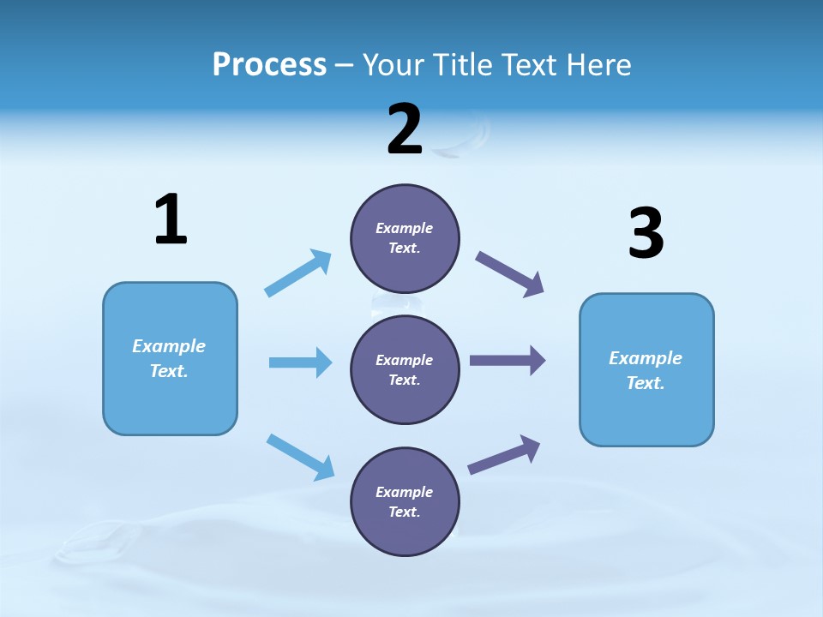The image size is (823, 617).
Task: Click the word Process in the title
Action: [269, 65]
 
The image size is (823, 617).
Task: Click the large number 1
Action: [171, 220]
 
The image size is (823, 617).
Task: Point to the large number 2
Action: [405, 129]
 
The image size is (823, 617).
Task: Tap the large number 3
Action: [646, 234]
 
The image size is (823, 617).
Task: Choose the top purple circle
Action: [405, 238]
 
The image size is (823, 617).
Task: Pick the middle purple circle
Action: [405, 370]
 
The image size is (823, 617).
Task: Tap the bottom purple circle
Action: [405, 502]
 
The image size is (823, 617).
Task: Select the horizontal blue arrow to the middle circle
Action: [300, 362]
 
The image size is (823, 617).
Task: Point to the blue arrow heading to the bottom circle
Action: [300, 456]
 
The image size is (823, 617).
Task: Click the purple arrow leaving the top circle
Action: [510, 274]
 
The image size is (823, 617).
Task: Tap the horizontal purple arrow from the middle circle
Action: [507, 361]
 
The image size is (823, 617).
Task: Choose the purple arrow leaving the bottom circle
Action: [504, 455]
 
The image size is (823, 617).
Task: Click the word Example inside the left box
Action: [169, 346]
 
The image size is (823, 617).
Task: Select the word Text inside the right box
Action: [644, 383]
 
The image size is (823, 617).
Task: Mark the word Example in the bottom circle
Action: [404, 492]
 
